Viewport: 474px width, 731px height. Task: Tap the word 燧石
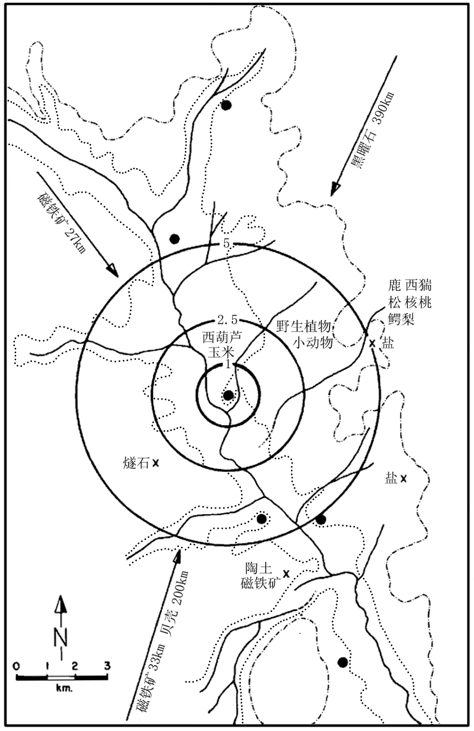(136, 463)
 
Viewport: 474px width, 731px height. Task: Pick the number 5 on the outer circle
(226, 244)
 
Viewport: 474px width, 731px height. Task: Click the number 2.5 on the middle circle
(227, 320)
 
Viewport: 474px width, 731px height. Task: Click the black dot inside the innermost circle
(228, 395)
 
